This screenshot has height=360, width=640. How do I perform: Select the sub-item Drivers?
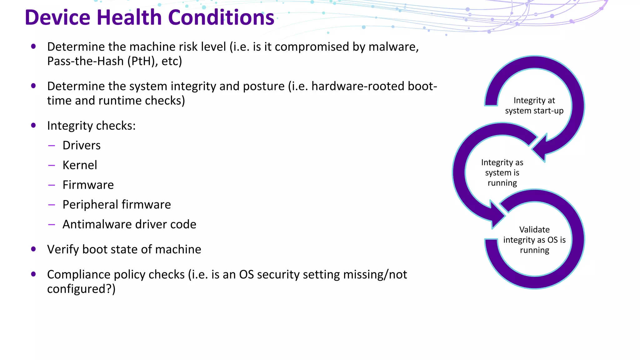82,146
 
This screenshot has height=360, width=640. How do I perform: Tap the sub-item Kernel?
80,165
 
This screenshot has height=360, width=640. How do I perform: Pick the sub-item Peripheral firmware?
117,205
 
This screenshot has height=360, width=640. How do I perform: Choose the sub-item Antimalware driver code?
129,224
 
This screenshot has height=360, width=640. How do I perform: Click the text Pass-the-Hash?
85,61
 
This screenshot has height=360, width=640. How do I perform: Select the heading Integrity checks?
91,126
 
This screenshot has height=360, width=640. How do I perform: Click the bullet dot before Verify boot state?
33,249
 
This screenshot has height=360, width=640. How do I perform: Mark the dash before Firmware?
52,185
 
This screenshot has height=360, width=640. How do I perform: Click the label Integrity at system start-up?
534,106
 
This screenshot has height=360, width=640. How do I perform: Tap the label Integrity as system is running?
502,172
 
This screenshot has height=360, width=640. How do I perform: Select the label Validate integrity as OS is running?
534,240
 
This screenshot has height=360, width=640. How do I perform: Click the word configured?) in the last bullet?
81,289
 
